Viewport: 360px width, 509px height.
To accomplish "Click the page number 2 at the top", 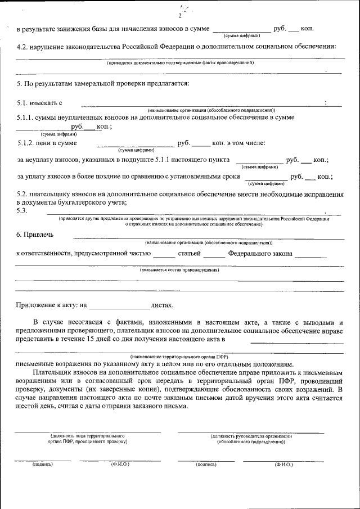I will tap(179, 15).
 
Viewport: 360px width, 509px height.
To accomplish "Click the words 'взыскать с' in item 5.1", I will tap(39, 103).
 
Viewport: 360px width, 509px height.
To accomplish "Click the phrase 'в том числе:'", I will tap(246, 143).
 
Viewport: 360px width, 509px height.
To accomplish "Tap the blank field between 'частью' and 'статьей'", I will tap(164, 255).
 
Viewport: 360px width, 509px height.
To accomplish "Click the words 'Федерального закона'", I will tap(260, 254).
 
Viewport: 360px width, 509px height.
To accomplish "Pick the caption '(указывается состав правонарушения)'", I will tap(179, 271).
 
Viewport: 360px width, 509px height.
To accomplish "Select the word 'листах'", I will tap(162, 305).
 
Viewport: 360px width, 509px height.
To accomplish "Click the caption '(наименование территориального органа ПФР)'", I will tap(179, 357).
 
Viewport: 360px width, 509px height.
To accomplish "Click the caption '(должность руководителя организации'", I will tap(251, 436).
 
